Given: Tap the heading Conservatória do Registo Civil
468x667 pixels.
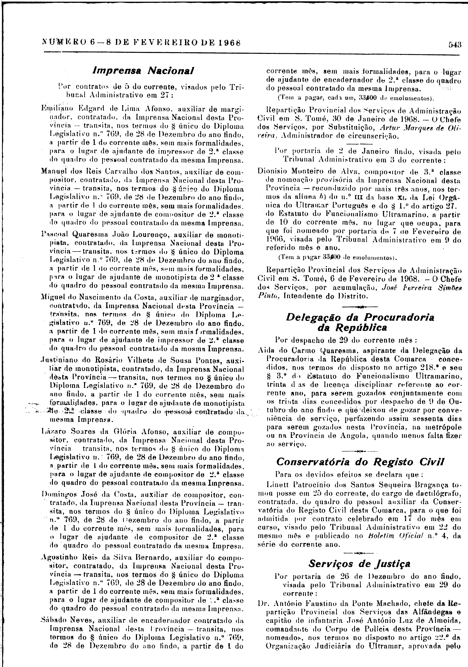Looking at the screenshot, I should coord(360,462).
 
